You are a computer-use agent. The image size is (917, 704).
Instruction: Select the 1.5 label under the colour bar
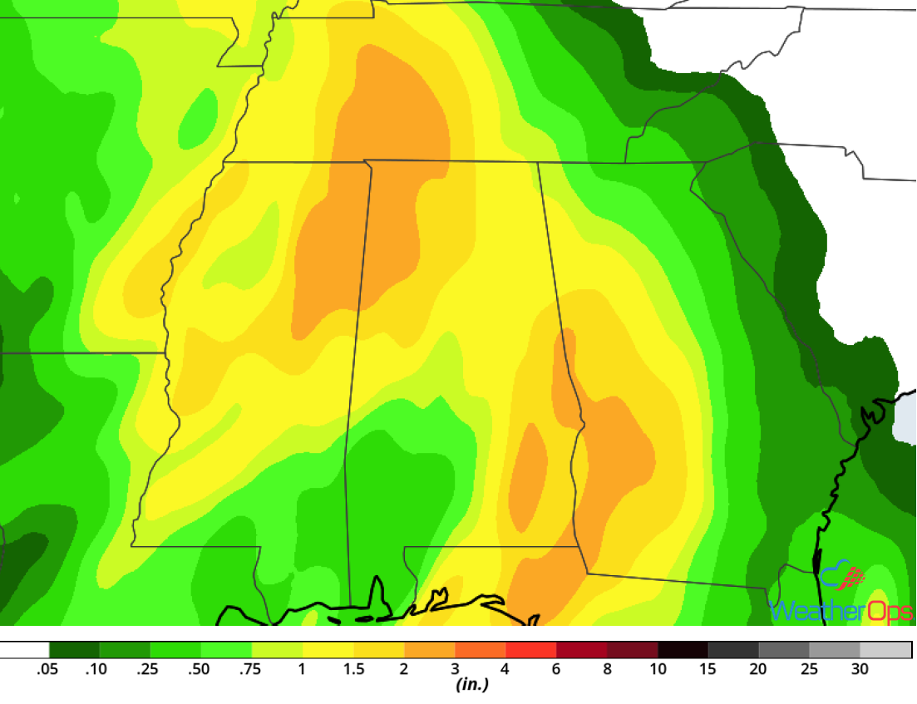click(x=353, y=669)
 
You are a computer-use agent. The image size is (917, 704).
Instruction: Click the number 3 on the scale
click(x=455, y=669)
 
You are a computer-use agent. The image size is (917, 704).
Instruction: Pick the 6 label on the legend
click(x=556, y=669)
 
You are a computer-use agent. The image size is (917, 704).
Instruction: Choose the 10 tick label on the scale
click(x=658, y=669)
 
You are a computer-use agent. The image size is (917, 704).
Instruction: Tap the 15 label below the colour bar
click(x=708, y=669)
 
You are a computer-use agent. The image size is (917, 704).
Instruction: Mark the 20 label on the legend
click(x=759, y=669)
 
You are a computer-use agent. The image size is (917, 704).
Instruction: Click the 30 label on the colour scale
click(x=860, y=669)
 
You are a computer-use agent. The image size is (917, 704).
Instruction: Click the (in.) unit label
click(x=471, y=686)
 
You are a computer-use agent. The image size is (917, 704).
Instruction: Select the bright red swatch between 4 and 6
click(x=530, y=650)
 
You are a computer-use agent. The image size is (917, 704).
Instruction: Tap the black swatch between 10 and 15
click(x=683, y=650)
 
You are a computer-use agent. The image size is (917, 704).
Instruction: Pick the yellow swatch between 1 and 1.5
click(x=328, y=650)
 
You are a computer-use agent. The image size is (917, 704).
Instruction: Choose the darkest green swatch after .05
click(x=75, y=650)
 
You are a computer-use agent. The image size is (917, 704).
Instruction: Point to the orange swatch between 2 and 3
click(x=429, y=650)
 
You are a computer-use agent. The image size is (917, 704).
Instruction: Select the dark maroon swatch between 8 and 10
click(x=632, y=650)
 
